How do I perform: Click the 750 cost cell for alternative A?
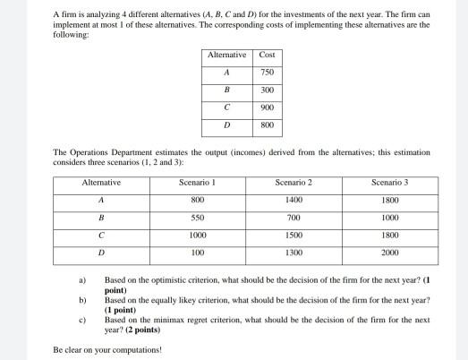(266, 72)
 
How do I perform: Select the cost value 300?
(266, 90)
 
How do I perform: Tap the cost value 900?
(266, 108)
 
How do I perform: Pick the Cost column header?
(266, 56)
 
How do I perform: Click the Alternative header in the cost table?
(225, 56)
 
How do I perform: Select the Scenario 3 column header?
(390, 183)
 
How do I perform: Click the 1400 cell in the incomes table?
(294, 201)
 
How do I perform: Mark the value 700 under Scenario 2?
(294, 218)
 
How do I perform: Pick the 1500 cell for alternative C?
(294, 235)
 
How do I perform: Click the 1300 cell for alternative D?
(294, 253)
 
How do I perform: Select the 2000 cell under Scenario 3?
(390, 253)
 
